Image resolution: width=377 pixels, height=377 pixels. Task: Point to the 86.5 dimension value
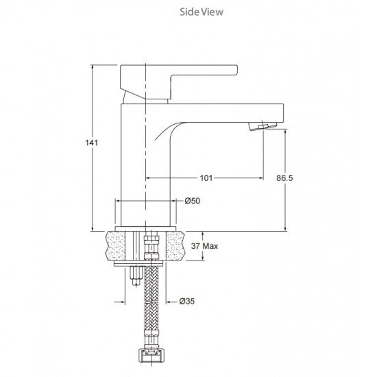284,177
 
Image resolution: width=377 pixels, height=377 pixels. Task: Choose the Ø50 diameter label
193,200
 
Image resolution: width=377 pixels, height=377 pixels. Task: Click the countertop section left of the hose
121,245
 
